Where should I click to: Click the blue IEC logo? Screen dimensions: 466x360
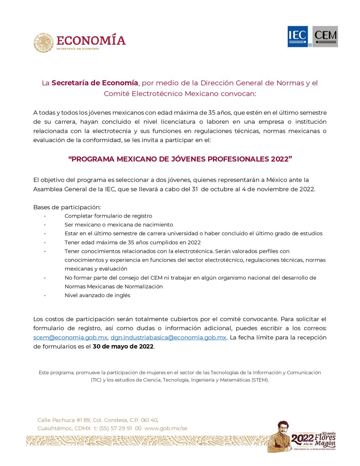(x=297, y=37)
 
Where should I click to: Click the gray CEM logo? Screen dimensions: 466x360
(x=325, y=37)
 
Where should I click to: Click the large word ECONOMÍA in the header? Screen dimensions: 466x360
(x=91, y=40)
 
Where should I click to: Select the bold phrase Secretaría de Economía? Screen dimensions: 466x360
(x=95, y=83)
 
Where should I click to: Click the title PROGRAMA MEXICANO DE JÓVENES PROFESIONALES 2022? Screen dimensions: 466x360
(x=180, y=160)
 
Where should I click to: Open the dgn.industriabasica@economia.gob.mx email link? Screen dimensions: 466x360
(x=168, y=337)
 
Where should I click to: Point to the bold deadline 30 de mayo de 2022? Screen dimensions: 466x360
(x=123, y=346)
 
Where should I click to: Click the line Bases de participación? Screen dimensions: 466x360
(x=67, y=207)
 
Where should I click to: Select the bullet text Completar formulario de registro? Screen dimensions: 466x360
(x=108, y=216)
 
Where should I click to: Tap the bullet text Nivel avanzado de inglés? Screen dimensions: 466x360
(x=97, y=295)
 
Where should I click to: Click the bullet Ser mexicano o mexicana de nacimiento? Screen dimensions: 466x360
(x=119, y=225)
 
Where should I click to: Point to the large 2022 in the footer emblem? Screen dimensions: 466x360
(x=302, y=439)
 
